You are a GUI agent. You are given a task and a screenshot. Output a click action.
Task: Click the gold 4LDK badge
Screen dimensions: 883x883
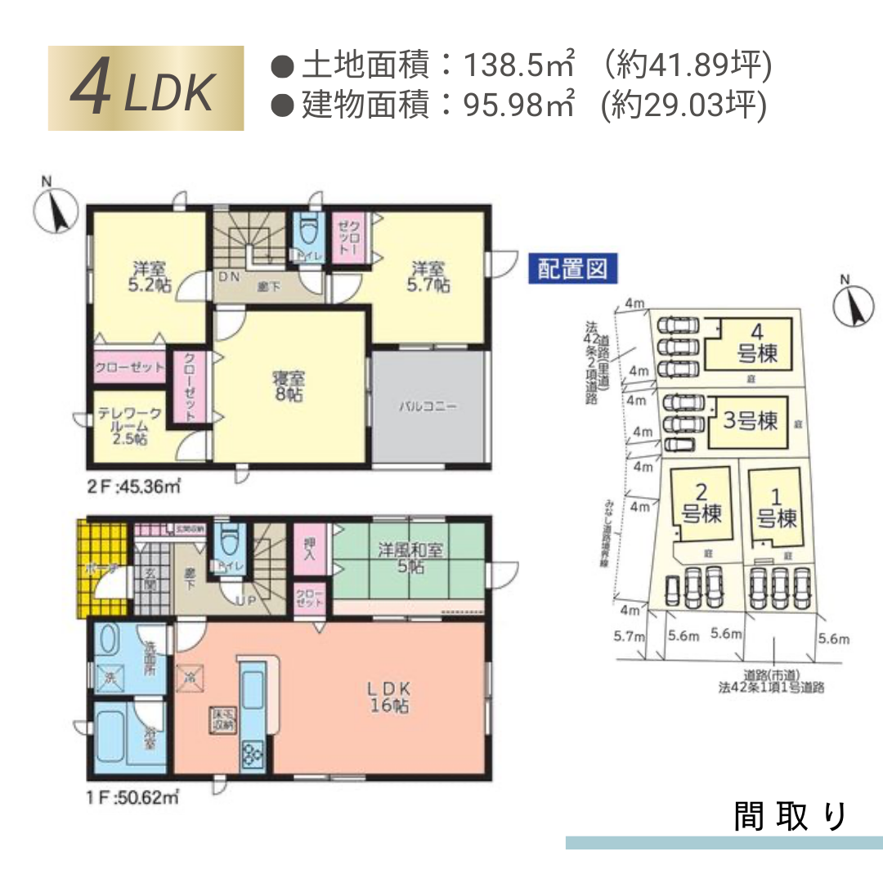(x=146, y=88)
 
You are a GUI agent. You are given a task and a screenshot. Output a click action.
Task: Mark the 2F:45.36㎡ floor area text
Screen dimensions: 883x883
(x=133, y=487)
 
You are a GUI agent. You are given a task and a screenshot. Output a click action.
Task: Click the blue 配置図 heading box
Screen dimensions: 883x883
(x=572, y=269)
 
